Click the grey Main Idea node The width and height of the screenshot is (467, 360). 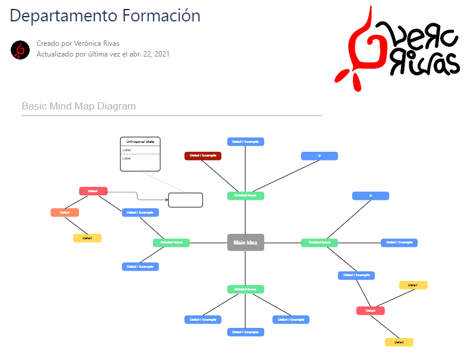[246, 242]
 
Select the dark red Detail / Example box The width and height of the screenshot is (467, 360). [203, 156]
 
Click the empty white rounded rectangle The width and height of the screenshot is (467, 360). [186, 200]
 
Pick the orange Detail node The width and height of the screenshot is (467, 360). [65, 212]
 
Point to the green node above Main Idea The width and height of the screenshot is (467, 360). [246, 196]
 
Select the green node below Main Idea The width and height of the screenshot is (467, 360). [246, 289]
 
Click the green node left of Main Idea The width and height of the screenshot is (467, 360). [171, 243]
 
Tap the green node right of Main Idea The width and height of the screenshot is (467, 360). [319, 243]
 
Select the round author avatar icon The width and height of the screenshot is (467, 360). [20, 49]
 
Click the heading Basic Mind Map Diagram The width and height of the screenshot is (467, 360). [79, 107]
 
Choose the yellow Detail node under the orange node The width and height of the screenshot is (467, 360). [87, 238]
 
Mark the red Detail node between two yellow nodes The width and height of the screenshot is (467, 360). [371, 311]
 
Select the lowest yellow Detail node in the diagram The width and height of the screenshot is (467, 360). [399, 342]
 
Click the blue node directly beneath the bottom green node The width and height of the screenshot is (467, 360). [246, 332]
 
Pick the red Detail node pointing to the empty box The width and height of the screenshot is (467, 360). [93, 191]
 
